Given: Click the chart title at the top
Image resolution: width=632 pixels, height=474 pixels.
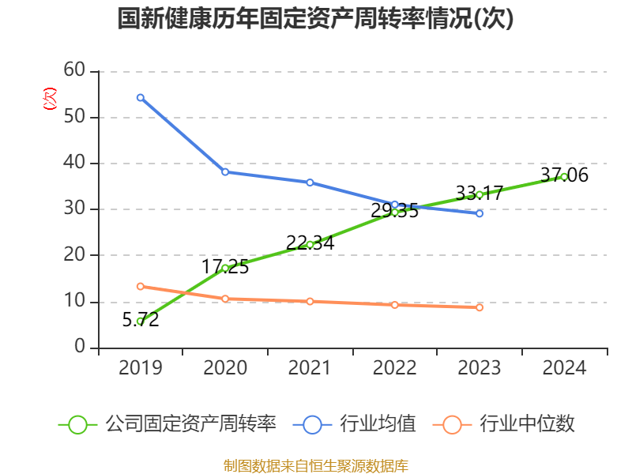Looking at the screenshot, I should coord(315,19).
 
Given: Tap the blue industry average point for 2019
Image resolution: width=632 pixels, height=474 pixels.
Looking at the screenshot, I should coord(140,97).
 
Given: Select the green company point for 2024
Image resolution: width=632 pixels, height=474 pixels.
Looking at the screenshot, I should coord(563,176).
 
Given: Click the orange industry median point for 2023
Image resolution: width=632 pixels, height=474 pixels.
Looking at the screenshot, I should coord(480,307).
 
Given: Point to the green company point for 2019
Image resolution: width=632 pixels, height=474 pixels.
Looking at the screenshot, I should coord(140,321).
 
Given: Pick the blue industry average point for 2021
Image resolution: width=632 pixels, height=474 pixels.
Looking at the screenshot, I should coord(310,182).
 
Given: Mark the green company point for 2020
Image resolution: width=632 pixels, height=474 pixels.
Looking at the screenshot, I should coord(225,268).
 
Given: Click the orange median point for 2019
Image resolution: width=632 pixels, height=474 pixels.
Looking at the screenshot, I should coord(140,286).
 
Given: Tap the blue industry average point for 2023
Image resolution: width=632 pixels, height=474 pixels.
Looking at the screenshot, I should coord(480,213).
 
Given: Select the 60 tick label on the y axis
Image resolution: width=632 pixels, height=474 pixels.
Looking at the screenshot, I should coord(74,70).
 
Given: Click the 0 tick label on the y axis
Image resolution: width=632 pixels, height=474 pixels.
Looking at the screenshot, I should coord(80,347).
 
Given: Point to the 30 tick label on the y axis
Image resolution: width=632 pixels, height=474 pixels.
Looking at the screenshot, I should coord(74,209).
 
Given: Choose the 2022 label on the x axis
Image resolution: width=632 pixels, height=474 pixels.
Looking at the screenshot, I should coord(394,368).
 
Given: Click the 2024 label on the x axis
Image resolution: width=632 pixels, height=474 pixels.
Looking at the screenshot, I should coord(564,368).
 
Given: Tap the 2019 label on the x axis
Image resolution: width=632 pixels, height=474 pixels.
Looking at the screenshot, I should coord(140,368).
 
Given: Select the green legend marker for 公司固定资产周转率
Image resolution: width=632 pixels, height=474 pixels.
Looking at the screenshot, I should coord(77,424).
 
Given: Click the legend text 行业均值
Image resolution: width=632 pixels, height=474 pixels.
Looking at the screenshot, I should coord(378,424).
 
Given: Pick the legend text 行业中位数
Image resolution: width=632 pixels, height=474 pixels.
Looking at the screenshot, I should coord(527,424).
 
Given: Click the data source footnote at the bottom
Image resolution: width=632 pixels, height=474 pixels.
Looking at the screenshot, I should coord(315,465).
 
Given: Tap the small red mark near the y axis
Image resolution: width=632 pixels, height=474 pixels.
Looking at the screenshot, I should coord(50,100).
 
